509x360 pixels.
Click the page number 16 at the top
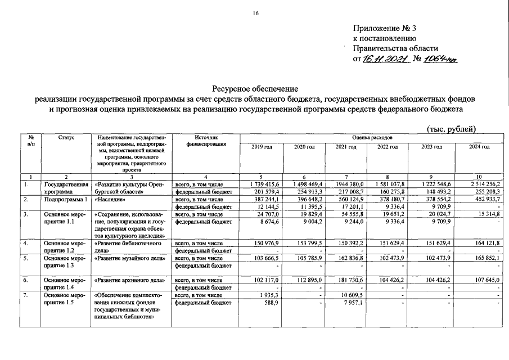[254, 13]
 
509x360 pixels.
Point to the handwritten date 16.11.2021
[385, 59]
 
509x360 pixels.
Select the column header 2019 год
[262, 147]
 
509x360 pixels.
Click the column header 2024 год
[479, 147]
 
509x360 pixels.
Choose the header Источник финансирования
[205, 140]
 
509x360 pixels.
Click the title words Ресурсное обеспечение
[254, 89]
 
